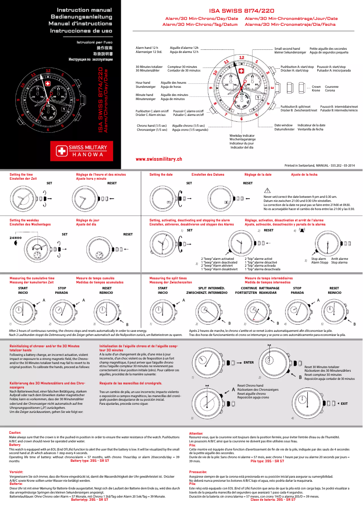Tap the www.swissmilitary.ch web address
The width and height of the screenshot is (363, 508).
click(x=159, y=159)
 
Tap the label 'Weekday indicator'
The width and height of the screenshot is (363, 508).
click(x=242, y=135)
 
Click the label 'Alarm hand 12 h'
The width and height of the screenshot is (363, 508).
click(x=147, y=48)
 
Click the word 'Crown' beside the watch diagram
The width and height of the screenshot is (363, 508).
click(x=316, y=86)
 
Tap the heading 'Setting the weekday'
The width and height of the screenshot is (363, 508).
click(x=24, y=220)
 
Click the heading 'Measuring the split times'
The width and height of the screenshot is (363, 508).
click(x=168, y=278)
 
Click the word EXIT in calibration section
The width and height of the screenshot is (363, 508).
click(x=344, y=403)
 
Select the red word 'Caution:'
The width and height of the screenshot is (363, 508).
click(x=15, y=433)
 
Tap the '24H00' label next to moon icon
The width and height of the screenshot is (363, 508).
click(x=16, y=237)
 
